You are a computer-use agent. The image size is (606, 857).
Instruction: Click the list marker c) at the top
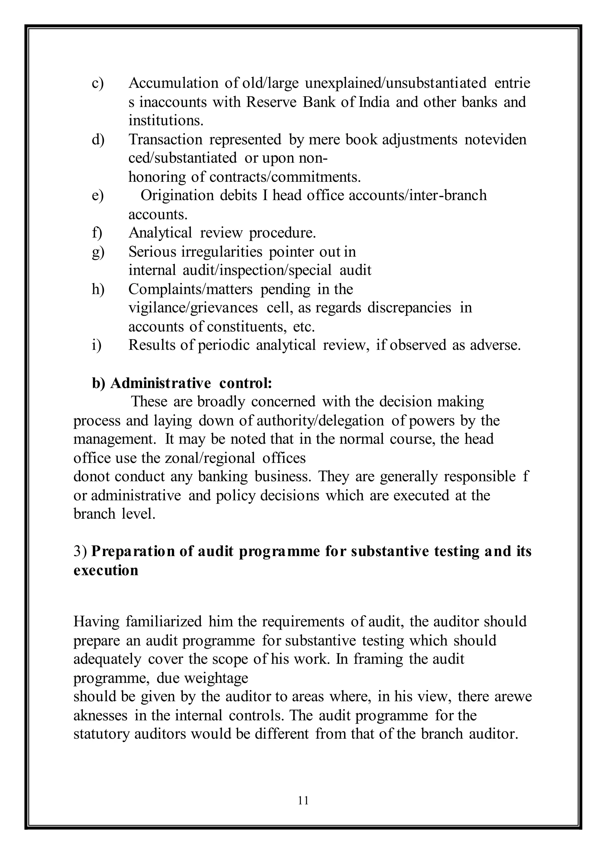(x=97, y=83)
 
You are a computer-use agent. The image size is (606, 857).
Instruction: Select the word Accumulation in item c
(x=173, y=83)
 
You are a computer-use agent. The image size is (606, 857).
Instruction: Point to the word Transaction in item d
(x=165, y=139)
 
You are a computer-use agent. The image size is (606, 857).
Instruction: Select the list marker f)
(x=97, y=233)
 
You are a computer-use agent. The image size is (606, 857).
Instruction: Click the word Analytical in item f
(x=160, y=233)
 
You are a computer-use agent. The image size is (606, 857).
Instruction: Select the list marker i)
(x=96, y=345)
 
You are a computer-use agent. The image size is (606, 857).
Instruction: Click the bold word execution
(x=106, y=570)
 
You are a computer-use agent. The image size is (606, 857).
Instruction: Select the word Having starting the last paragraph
(x=96, y=622)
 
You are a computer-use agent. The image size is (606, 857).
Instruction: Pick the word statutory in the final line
(x=100, y=734)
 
